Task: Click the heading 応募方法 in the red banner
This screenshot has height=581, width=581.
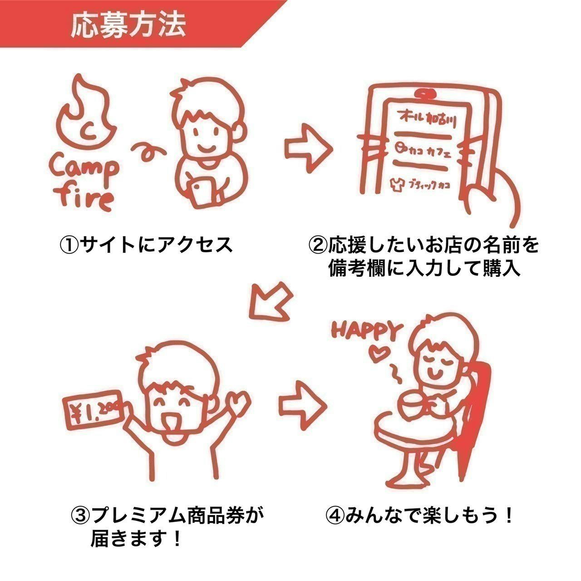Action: pos(128,25)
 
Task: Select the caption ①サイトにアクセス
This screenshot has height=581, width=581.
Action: pos(147,246)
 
